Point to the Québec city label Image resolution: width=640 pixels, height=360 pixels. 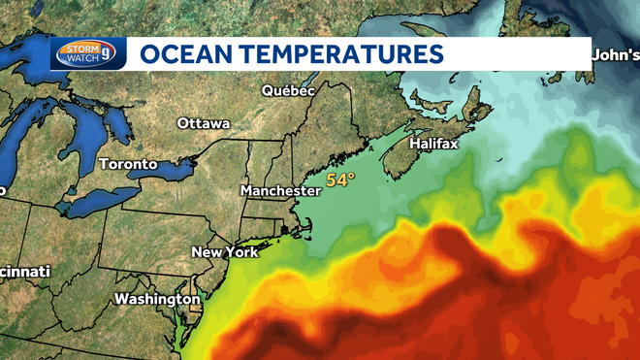pyautogui.click(x=289, y=90)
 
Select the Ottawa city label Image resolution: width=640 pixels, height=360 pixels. pyautogui.click(x=204, y=124)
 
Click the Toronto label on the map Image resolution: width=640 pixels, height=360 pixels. pyautogui.click(x=128, y=164)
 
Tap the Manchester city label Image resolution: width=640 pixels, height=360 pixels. pyautogui.click(x=280, y=190)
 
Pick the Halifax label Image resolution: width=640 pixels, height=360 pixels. pyautogui.click(x=433, y=144)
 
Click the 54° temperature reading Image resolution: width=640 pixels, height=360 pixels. pyautogui.click(x=340, y=180)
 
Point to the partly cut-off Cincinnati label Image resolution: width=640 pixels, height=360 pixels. pyautogui.click(x=23, y=273)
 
